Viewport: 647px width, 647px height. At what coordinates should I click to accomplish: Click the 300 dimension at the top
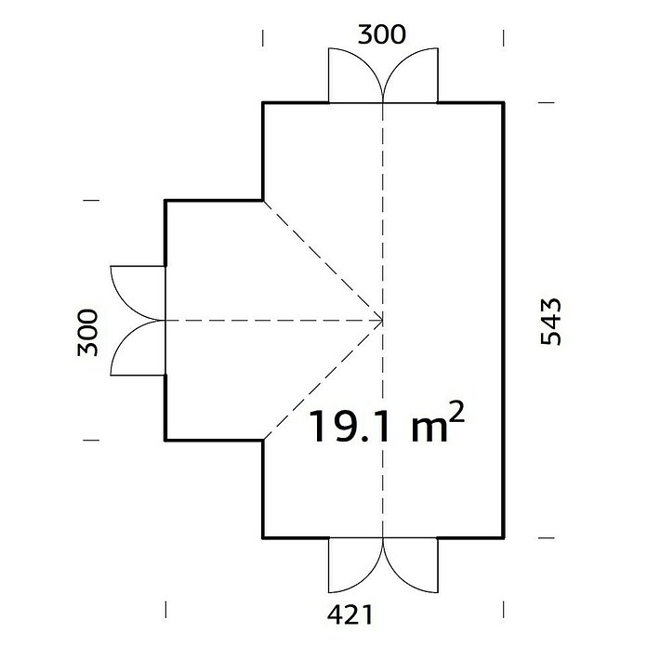[382, 34]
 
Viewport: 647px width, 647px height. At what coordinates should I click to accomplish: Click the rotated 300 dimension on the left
[88, 332]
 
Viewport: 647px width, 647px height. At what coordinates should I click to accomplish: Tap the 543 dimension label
[551, 322]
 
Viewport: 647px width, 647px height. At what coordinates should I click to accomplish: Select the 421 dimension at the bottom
[350, 615]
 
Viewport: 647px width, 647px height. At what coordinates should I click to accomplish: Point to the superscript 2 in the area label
[456, 411]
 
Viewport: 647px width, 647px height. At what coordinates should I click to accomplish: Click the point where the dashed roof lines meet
[383, 320]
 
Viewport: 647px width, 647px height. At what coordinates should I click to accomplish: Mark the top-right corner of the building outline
[504, 102]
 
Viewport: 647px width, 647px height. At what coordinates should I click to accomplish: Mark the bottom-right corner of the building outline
[504, 538]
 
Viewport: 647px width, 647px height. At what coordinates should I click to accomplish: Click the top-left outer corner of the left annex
[165, 201]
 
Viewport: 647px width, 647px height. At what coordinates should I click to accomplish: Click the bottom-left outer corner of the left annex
[165, 441]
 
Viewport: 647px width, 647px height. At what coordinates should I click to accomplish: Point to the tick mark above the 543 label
[547, 102]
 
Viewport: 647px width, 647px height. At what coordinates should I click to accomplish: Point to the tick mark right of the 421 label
[504, 610]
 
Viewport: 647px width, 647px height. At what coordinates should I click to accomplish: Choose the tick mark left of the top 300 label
[263, 38]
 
